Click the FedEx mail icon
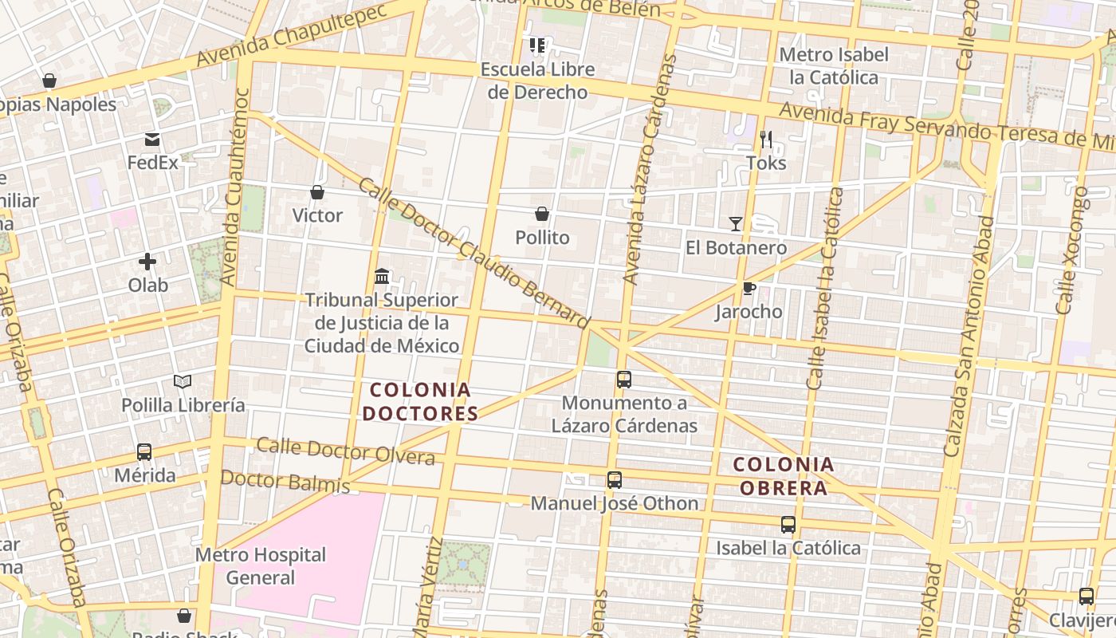(152, 140)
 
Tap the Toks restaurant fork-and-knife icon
(766, 140)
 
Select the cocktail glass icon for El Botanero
(736, 224)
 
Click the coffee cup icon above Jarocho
(749, 288)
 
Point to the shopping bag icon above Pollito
(542, 214)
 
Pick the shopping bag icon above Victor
(317, 192)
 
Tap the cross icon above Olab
(147, 261)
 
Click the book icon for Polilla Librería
(183, 381)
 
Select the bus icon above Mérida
(144, 452)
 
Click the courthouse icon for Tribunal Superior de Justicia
(382, 276)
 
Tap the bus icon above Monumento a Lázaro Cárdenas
(624, 380)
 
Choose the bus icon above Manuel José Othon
(615, 480)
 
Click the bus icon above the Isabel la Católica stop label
(788, 525)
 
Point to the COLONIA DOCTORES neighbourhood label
(420, 402)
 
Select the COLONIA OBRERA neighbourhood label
(784, 476)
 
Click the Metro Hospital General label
(261, 565)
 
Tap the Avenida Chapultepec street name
(291, 36)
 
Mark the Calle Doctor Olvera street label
(346, 451)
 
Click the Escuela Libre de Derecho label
(537, 81)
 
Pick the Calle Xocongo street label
(1072, 250)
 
